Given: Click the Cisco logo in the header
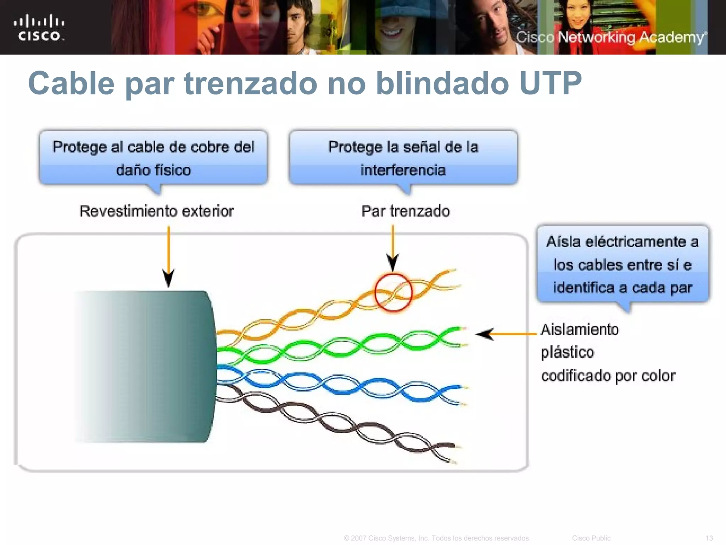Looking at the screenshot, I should (x=39, y=28).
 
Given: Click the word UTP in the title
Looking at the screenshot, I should (x=550, y=83).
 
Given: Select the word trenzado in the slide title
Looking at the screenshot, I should (x=251, y=83).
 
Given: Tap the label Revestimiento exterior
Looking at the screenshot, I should (x=156, y=211).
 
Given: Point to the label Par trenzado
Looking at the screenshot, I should (x=406, y=211).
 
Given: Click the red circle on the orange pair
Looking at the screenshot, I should (x=393, y=293).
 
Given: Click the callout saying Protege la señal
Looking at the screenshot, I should (x=403, y=158).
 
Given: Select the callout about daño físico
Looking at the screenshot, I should (x=153, y=158).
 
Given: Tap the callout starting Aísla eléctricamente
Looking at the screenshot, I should (x=623, y=264).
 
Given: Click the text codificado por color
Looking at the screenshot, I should (x=608, y=376).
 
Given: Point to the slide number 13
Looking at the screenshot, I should (x=709, y=538).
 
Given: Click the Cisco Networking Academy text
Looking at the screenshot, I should (x=610, y=37).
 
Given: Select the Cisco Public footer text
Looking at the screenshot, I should (x=591, y=538).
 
